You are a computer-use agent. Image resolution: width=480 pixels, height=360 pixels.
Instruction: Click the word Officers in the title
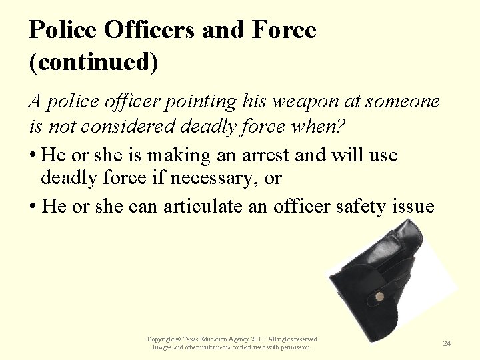pos(151,30)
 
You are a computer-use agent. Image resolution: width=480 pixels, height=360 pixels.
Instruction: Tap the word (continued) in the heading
pos(93,62)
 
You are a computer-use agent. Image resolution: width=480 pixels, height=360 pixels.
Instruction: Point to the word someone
pos(405,101)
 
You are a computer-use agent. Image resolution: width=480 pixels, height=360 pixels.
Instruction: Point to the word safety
pos(357,207)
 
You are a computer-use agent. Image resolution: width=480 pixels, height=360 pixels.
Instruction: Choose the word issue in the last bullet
pos(413,207)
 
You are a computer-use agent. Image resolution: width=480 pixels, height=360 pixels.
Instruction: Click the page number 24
pos(447,343)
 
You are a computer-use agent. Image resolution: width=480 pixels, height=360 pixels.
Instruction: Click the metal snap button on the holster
pos(379,297)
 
